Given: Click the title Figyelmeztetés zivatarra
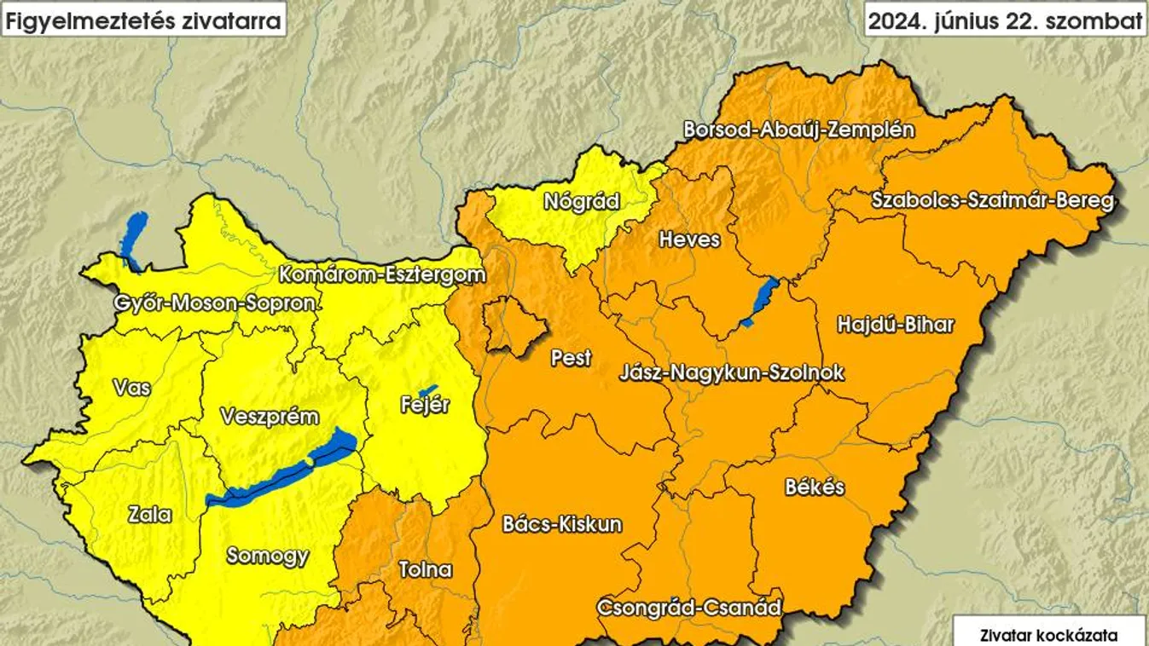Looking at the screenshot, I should [143, 21].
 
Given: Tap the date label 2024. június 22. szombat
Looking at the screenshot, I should [1005, 21].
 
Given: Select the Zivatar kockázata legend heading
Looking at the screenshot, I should [1049, 634].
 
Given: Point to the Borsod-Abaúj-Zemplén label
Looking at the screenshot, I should [798, 130].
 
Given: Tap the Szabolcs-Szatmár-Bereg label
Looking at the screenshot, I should [992, 201].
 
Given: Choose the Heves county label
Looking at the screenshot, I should [689, 240].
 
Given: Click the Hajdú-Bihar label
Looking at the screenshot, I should [895, 325].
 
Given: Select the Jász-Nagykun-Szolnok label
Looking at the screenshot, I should [732, 372].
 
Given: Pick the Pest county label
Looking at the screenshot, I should [571, 358].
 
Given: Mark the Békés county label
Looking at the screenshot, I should [815, 487].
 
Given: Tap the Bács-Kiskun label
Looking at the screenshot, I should [562, 523].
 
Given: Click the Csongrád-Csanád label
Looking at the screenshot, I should [688, 608].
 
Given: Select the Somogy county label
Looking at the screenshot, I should [267, 556].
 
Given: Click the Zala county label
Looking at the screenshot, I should [149, 515].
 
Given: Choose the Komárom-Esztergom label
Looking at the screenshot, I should [381, 275].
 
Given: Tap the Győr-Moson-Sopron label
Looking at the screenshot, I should [217, 303].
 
